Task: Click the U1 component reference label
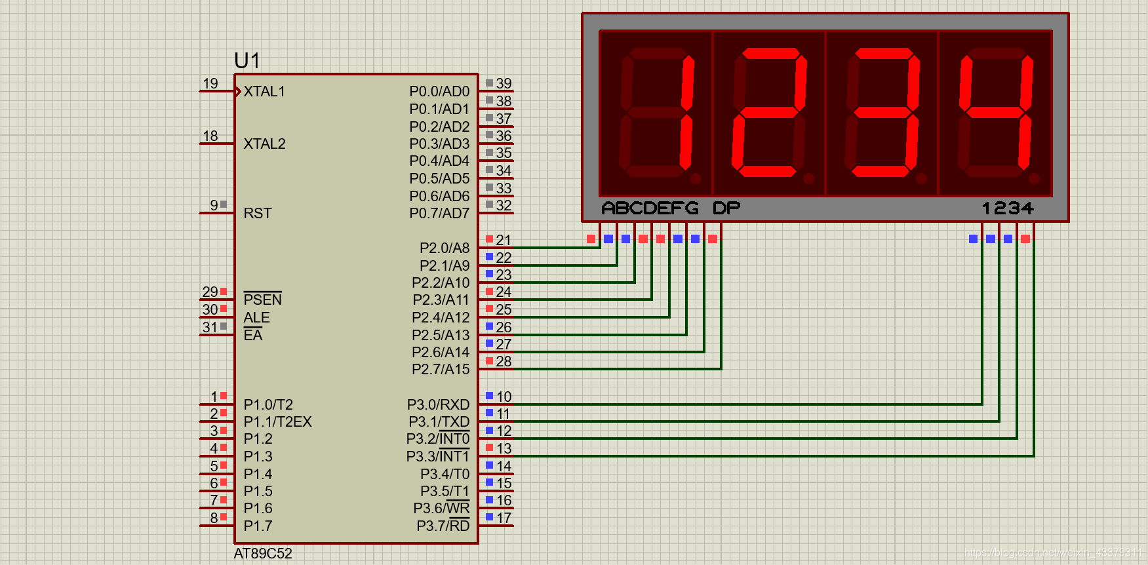click(247, 61)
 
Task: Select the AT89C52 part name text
click(263, 553)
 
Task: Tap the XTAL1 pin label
click(264, 92)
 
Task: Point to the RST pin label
click(257, 214)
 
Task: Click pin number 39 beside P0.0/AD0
click(504, 84)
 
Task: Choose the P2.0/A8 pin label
click(445, 248)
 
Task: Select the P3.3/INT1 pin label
click(438, 457)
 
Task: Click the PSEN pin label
click(262, 300)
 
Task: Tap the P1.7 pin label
click(258, 526)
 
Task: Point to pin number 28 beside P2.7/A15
click(504, 362)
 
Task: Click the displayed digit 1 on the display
click(656, 113)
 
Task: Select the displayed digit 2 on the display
click(769, 113)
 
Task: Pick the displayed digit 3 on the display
click(882, 113)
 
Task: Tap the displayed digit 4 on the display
click(995, 113)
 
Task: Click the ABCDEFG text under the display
click(650, 208)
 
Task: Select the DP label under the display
click(726, 208)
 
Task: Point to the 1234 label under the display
click(1008, 208)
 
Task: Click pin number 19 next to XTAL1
click(210, 84)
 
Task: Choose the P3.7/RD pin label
click(443, 526)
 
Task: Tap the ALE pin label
click(256, 318)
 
